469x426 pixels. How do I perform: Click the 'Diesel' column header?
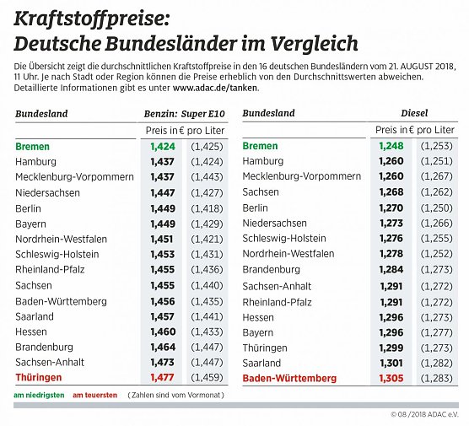414,113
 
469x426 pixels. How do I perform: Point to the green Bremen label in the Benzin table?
32,147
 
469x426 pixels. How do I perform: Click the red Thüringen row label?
37,379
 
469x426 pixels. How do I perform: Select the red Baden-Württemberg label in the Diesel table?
290,379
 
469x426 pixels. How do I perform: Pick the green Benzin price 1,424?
162,147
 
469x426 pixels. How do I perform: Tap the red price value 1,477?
162,379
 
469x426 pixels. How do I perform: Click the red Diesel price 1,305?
392,379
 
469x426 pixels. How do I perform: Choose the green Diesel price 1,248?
392,147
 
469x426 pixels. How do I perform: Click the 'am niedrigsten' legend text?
39,395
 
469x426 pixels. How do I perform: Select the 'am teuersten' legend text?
94,395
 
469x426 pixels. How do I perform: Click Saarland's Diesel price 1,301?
392,363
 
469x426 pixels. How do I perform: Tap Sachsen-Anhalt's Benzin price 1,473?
162,363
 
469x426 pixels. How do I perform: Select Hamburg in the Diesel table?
262,162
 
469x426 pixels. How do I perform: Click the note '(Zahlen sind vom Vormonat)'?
175,395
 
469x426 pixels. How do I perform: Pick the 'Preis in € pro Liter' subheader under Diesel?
414,130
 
